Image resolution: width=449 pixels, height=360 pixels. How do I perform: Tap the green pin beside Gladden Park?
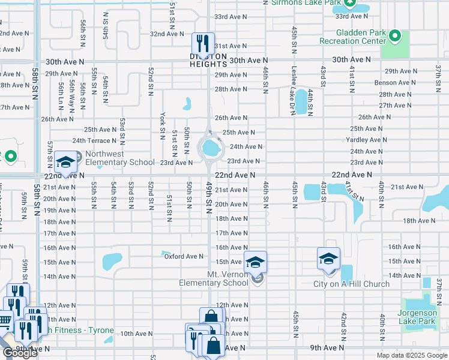tap(394, 37)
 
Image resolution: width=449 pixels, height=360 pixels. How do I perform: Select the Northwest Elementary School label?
tap(119, 158)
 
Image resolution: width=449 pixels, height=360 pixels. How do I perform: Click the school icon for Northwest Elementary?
tap(65, 162)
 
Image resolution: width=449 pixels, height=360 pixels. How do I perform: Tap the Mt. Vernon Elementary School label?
tap(214, 278)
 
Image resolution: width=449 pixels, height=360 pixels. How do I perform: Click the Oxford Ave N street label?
tap(184, 256)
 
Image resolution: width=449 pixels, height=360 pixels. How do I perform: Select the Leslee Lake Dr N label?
tap(294, 82)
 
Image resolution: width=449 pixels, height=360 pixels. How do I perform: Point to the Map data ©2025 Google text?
tap(411, 355)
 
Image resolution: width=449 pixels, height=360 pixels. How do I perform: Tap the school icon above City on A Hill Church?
tap(328, 259)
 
